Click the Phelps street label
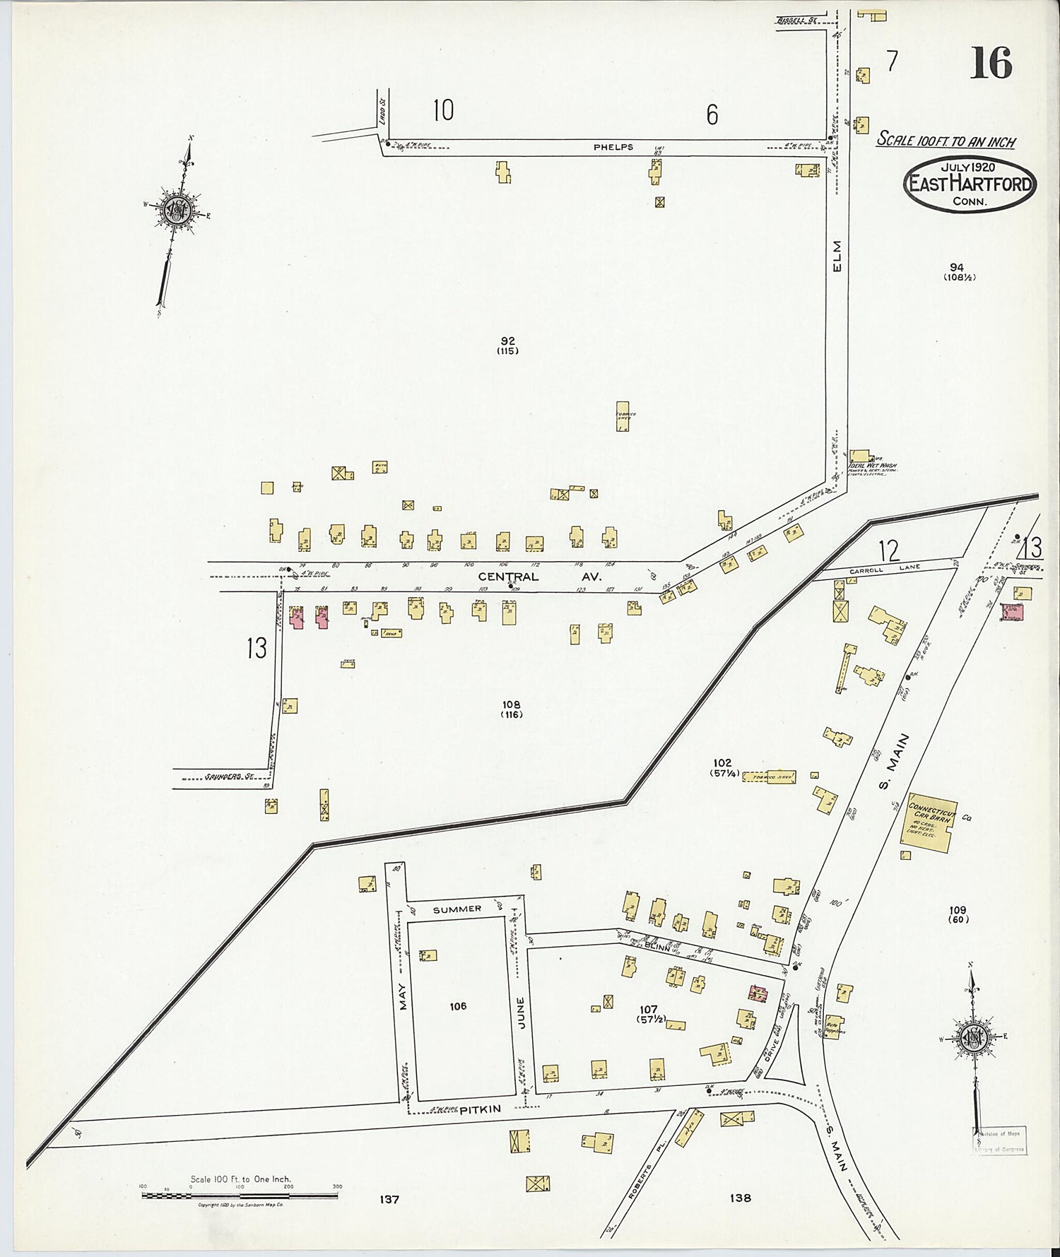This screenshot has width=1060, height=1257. click(613, 147)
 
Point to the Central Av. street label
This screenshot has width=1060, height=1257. click(539, 577)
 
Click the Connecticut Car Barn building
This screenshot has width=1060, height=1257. click(928, 820)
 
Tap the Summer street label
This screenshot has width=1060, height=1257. click(457, 909)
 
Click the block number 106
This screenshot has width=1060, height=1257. click(458, 1005)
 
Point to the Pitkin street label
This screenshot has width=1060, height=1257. click(480, 1109)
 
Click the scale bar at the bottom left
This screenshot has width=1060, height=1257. click(240, 1196)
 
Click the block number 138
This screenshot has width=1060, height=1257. click(741, 1197)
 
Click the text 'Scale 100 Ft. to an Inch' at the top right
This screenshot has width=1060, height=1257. click(946, 140)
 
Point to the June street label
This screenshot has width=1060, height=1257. click(521, 1012)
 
